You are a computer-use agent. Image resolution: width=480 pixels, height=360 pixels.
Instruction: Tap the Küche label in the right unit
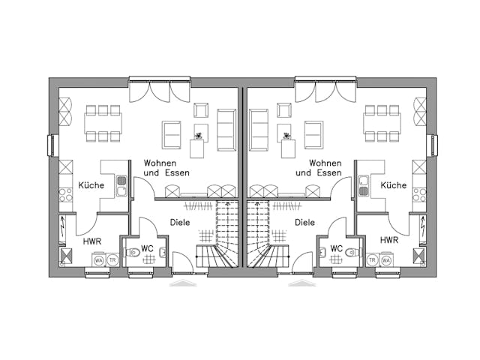tap(393, 185)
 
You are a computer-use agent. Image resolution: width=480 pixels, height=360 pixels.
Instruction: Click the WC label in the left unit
tap(148, 248)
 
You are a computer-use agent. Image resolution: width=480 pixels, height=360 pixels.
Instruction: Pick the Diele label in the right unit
tap(304, 222)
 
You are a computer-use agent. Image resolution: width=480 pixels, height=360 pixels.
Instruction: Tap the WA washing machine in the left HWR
tap(98, 260)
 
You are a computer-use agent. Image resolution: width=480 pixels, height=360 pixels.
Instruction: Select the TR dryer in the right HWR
tap(373, 260)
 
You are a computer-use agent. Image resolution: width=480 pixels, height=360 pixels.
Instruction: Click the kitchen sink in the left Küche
tap(121, 181)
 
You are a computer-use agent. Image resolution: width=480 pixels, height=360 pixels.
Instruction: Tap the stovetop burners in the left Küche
tap(65, 194)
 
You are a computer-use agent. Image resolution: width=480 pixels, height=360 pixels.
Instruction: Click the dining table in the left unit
tap(103, 123)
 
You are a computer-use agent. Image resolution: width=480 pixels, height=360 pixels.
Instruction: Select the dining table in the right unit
tap(380, 123)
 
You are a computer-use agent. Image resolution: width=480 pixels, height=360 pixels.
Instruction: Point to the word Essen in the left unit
tap(177, 173)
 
